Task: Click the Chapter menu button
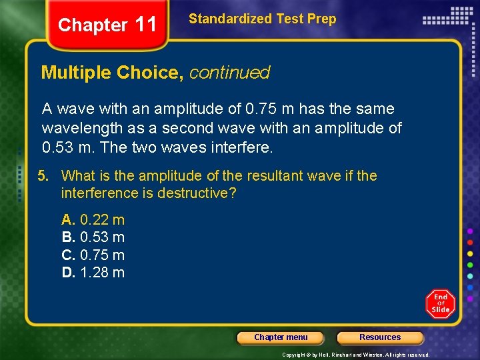click(x=281, y=337)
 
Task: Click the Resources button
click(x=380, y=337)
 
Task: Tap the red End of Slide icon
click(x=441, y=303)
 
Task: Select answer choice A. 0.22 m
click(x=93, y=220)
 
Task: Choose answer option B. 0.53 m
click(x=93, y=237)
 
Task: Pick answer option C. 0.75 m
click(x=93, y=255)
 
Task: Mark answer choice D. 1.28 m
click(x=93, y=272)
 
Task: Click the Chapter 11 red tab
click(x=107, y=25)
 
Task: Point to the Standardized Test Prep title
click(x=263, y=19)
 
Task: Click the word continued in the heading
click(x=229, y=73)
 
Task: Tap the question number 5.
click(x=43, y=176)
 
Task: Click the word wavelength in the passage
click(x=79, y=127)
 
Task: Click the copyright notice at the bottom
click(x=356, y=355)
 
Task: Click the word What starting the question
click(x=78, y=176)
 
